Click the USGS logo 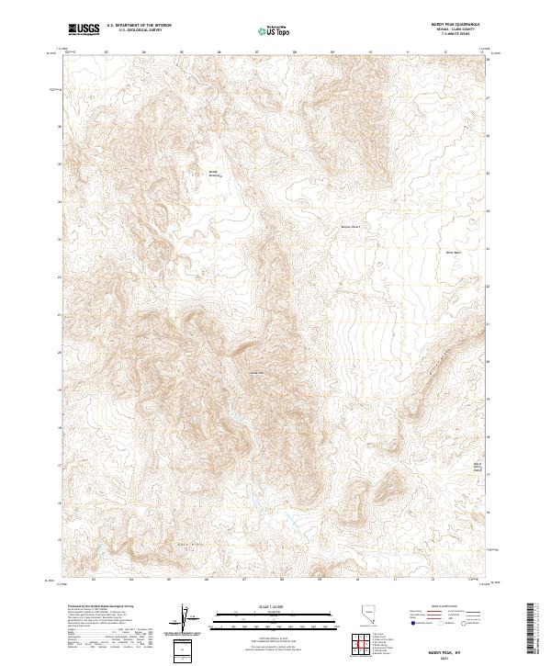84,30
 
